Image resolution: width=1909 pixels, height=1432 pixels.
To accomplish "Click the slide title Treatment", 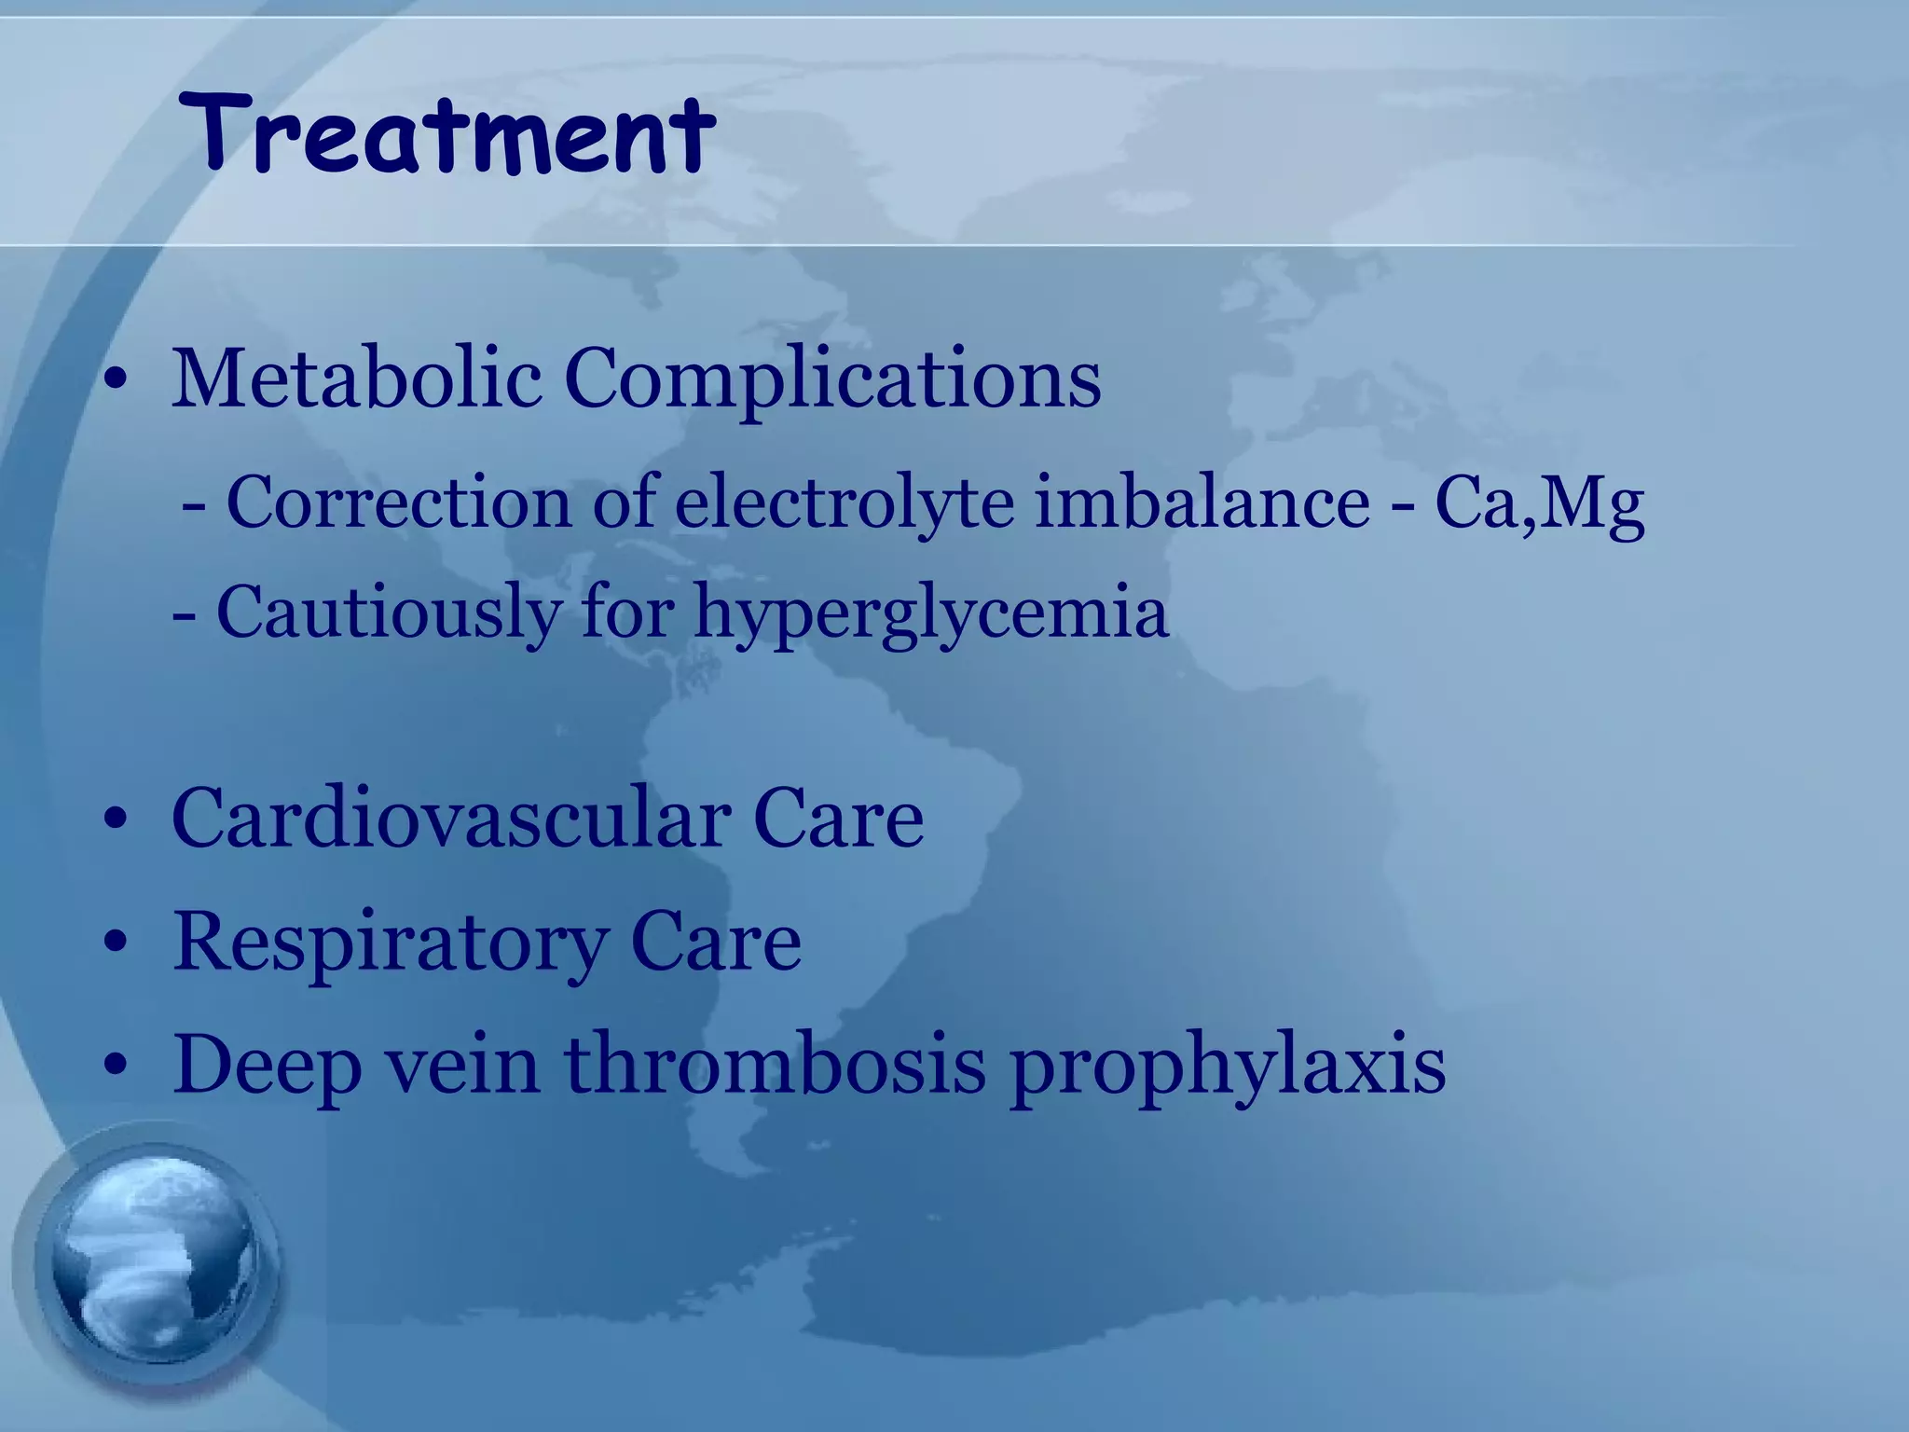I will coord(446,135).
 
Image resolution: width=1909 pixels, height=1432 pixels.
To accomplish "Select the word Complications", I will coord(832,380).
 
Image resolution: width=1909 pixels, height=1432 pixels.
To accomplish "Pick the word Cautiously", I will coord(389,613).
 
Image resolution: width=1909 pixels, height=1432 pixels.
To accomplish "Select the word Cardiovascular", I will coord(451,818).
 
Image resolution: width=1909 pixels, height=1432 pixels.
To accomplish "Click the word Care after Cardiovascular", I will coord(838,818).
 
